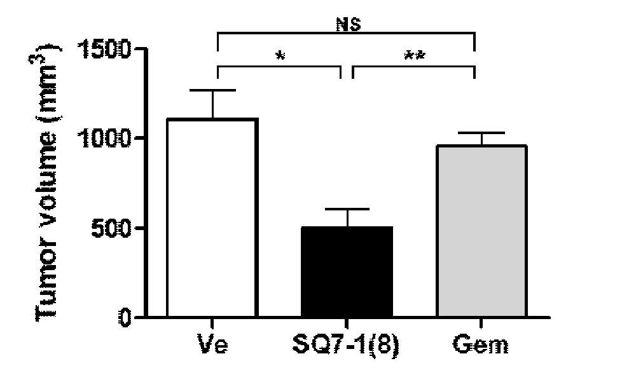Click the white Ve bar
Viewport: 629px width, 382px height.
point(212,217)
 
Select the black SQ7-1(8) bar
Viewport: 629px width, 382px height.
point(347,272)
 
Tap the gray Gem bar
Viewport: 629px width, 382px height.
point(481,231)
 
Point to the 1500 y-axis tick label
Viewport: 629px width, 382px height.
point(105,49)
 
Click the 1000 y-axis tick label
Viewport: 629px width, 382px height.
point(105,139)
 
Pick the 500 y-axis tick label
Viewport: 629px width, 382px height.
point(111,228)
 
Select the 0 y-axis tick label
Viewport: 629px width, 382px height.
point(125,317)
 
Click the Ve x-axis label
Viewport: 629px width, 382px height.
point(212,344)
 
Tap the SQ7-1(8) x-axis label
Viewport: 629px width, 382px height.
point(347,345)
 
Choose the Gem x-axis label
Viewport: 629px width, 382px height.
point(481,344)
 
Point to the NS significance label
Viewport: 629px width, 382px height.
point(348,25)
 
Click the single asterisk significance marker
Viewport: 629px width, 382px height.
point(280,56)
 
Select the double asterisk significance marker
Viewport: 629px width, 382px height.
point(415,56)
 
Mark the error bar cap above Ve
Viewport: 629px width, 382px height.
point(212,90)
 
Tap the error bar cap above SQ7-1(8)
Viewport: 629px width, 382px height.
point(347,209)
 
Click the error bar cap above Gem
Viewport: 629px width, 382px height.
point(481,133)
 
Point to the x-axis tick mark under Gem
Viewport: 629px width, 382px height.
point(481,323)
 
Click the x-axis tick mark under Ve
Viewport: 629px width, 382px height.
point(212,323)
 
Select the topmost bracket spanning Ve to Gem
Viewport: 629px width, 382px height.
point(346,33)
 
